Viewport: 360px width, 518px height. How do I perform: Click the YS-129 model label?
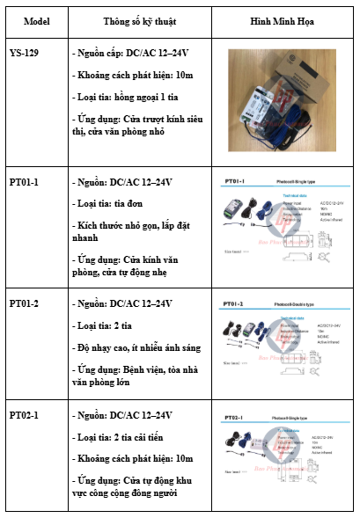[24, 54]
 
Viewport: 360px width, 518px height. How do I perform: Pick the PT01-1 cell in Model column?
[24, 181]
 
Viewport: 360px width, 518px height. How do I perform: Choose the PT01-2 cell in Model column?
[24, 303]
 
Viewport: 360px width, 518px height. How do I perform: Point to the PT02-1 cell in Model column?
[24, 414]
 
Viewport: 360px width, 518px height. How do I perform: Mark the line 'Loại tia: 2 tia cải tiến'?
[124, 436]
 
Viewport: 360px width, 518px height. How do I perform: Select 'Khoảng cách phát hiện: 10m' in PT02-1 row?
[132, 458]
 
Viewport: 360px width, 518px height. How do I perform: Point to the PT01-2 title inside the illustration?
[234, 304]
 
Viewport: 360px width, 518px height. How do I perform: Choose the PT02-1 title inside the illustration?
[234, 417]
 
